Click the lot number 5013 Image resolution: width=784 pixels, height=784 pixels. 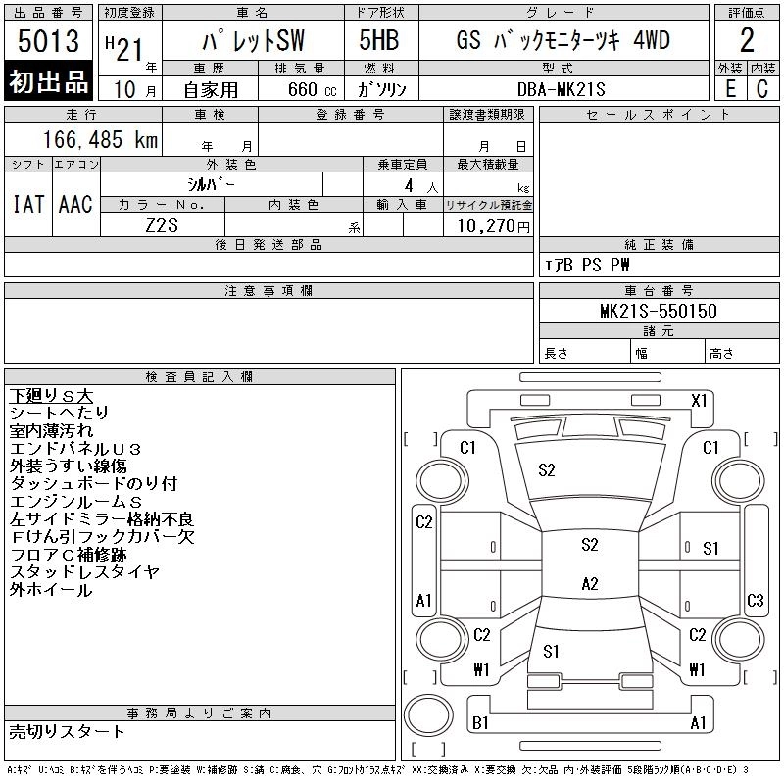tap(48, 40)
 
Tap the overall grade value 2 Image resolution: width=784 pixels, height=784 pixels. tap(747, 40)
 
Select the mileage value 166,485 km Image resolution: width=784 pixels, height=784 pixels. tap(100, 139)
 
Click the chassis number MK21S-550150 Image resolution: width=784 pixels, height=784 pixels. tap(659, 311)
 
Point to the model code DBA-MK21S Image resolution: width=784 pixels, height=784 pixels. tap(561, 89)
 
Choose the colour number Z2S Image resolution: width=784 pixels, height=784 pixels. tap(162, 225)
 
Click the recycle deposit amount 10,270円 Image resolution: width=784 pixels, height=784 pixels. tap(493, 226)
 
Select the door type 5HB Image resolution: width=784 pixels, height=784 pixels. tap(379, 40)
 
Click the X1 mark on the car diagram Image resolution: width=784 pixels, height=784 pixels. tap(699, 401)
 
